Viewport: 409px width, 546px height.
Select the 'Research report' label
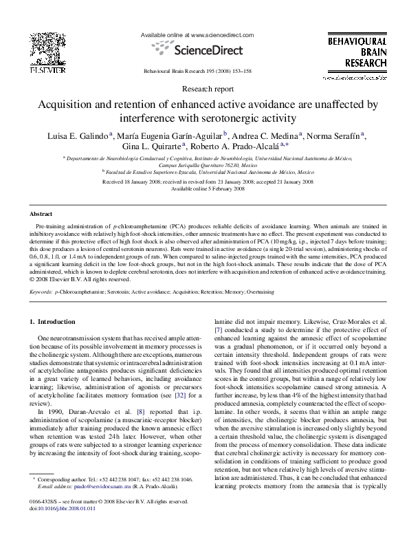coord(204,89)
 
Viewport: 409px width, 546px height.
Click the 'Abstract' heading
coord(42,214)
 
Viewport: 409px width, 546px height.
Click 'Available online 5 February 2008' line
coord(204,186)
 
